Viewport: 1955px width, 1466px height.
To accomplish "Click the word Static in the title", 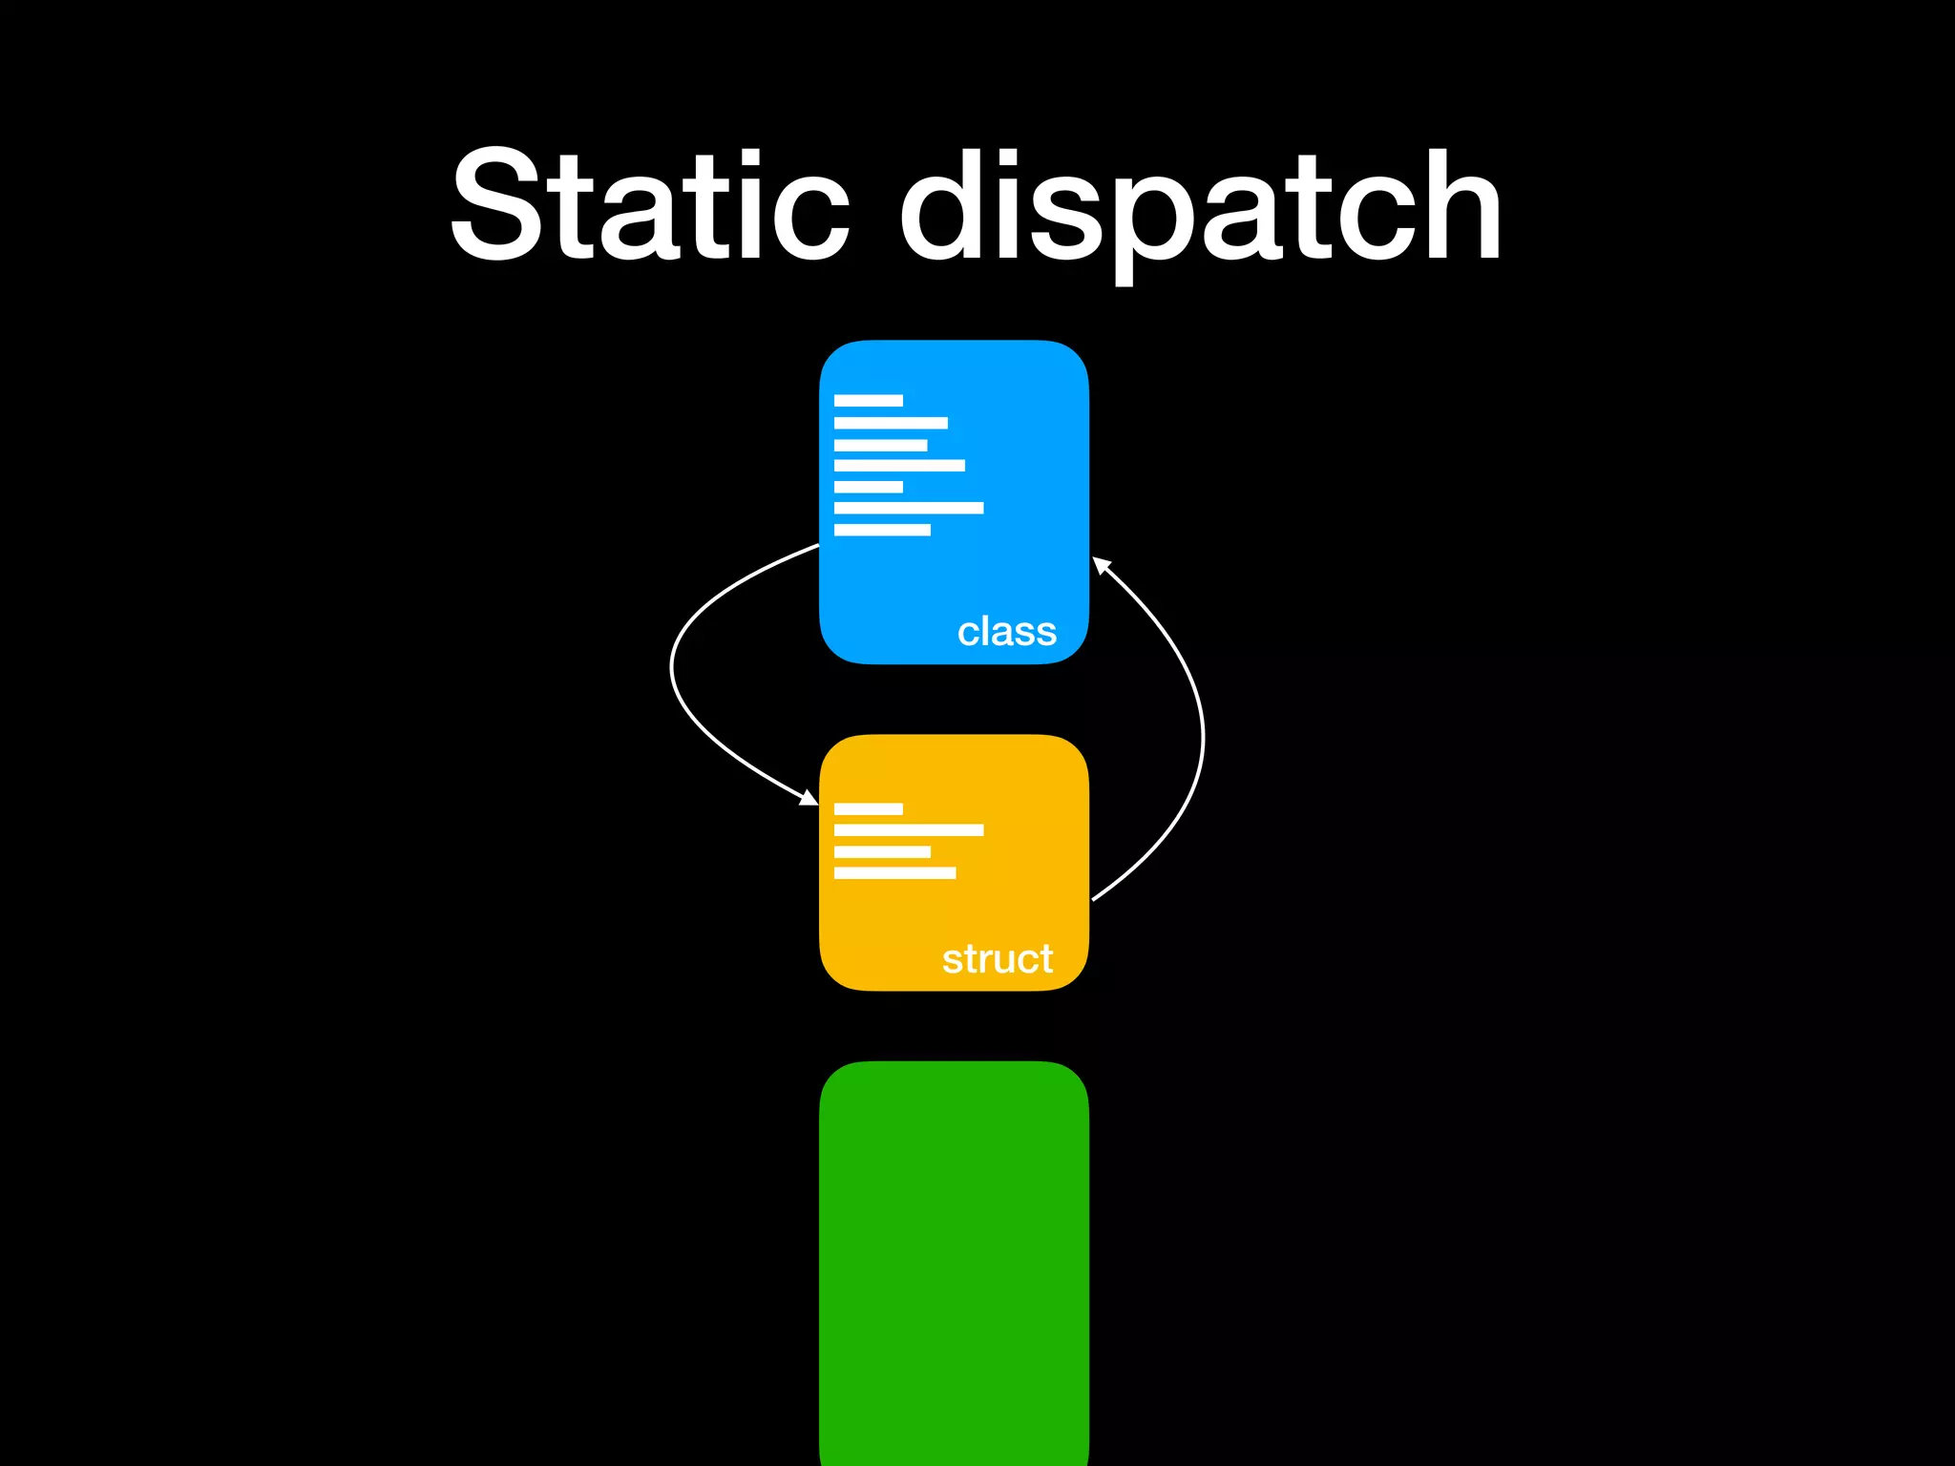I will (649, 205).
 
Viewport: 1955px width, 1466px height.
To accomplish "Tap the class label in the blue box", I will (1006, 631).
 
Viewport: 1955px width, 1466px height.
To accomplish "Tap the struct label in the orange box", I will (997, 958).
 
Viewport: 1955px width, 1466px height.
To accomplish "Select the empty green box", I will (954, 1260).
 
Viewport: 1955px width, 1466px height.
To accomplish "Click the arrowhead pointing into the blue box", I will (1101, 565).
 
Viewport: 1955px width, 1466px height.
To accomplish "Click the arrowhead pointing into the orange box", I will (809, 798).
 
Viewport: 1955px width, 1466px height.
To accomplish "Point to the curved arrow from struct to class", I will (1201, 735).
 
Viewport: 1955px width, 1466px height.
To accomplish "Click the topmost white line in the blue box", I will (868, 400).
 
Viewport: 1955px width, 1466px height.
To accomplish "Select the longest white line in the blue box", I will (908, 508).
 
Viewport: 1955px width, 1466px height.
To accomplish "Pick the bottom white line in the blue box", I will (881, 530).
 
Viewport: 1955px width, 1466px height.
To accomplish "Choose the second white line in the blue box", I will (891, 423).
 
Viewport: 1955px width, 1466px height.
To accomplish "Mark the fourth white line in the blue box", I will (898, 466).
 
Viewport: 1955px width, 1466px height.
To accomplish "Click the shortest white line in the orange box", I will (868, 808).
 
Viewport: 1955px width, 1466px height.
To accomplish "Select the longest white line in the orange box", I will (908, 829).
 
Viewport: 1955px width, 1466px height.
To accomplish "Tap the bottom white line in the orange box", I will (894, 872).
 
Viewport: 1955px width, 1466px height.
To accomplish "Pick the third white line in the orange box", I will (881, 851).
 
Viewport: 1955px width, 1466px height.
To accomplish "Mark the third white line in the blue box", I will (880, 445).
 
